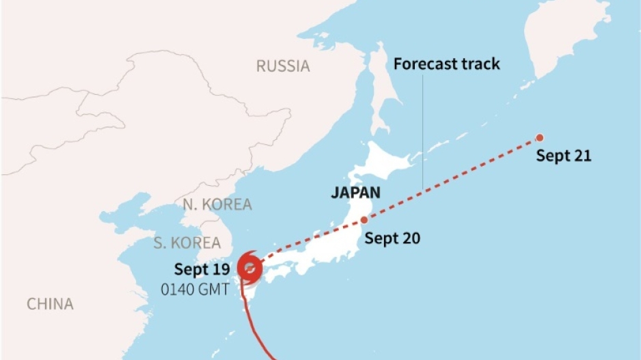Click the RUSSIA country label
coord(283,66)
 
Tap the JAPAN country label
coord(355,193)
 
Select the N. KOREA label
coord(217,204)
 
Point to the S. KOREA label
coord(187,243)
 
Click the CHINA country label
coord(50,304)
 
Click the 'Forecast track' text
coord(446,64)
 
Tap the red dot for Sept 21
coord(539,137)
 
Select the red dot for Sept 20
coord(364,220)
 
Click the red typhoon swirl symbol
coord(249,268)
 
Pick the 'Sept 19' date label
coord(202,268)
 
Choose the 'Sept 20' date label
coord(392,238)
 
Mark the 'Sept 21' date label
coord(563,156)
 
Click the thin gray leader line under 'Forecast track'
coord(423,130)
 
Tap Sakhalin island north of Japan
coord(380,89)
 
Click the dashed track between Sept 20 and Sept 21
coord(451,178)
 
